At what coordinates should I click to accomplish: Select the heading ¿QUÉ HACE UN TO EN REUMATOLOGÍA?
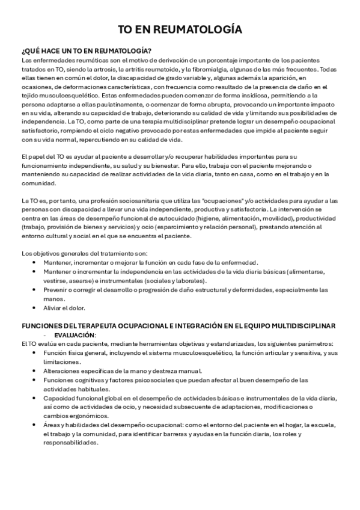point(86,51)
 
